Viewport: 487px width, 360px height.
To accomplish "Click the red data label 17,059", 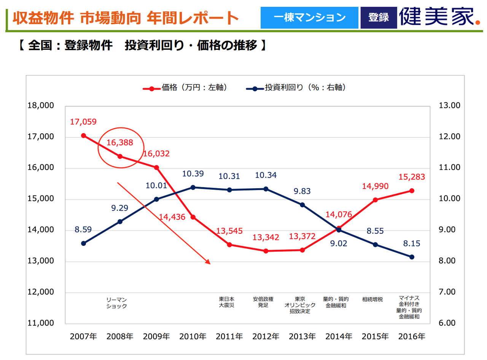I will click(83, 122).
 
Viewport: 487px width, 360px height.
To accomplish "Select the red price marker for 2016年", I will click(412, 191).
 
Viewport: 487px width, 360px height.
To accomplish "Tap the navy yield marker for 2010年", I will click(193, 187).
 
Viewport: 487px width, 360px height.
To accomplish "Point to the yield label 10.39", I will click(193, 174).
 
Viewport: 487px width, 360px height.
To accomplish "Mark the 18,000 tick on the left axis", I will click(41, 106).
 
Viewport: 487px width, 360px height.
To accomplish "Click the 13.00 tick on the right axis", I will click(449, 106).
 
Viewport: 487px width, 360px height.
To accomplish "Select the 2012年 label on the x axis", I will click(266, 336).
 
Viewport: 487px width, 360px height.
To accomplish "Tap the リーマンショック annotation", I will click(116, 303).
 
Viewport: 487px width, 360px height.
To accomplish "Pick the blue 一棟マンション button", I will click(309, 17).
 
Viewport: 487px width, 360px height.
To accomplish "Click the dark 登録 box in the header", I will click(378, 17).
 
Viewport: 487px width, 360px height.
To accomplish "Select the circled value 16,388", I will click(120, 143).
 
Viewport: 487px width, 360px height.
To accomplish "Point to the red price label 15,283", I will click(412, 177).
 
